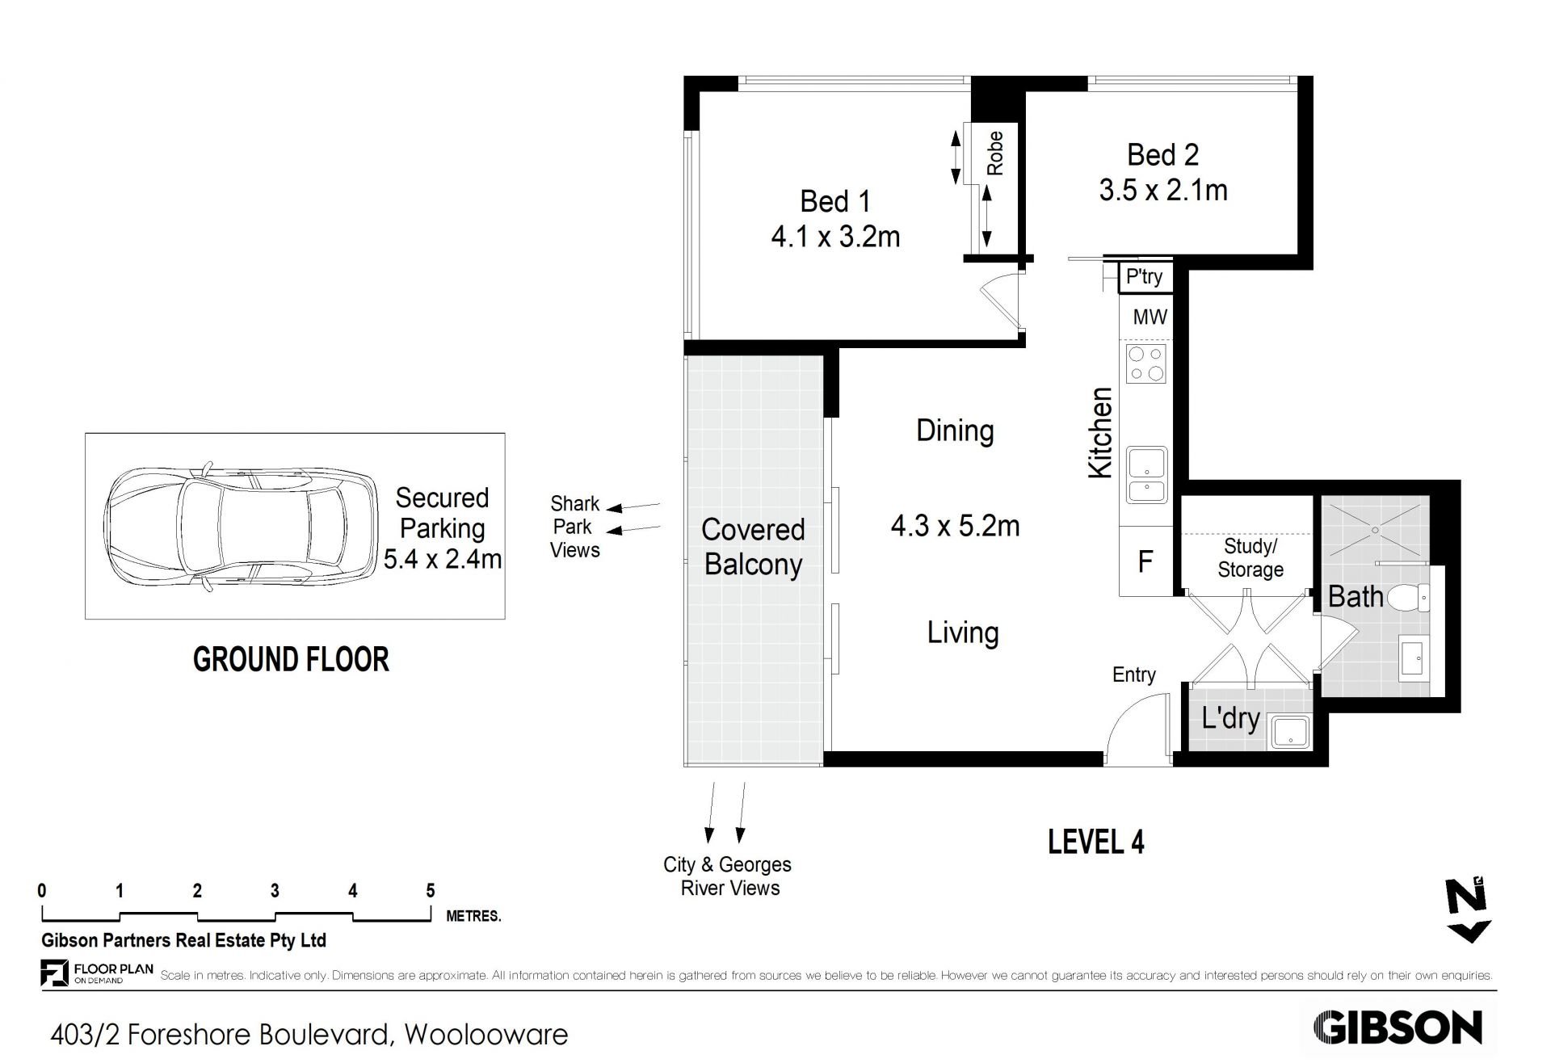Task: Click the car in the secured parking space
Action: [240, 526]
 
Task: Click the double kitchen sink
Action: [1146, 474]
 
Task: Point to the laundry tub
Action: [1290, 733]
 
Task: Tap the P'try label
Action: [1144, 276]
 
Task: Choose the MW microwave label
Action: [1149, 317]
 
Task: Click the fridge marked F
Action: [1145, 561]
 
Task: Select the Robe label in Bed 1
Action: [995, 153]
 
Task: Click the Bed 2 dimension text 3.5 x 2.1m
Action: [1163, 191]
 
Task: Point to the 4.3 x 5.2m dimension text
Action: [955, 526]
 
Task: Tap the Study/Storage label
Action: [1250, 558]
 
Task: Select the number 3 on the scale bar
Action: [275, 891]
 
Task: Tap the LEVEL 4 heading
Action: [1096, 842]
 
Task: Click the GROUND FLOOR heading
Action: [291, 660]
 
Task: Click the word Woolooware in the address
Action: [486, 1035]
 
